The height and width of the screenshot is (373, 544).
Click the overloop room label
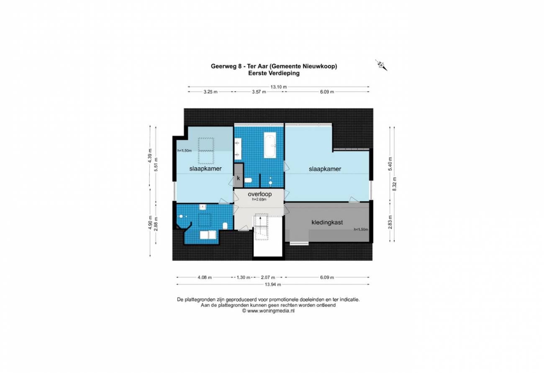[259, 194]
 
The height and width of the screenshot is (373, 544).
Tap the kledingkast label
[327, 222]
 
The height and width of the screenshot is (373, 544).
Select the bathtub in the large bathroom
[270, 145]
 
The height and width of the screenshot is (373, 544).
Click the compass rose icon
[381, 65]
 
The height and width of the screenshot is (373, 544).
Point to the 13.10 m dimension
[279, 87]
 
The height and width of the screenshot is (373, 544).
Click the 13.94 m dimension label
[273, 285]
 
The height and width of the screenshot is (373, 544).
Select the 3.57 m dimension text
[259, 92]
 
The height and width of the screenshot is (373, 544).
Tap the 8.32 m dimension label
[394, 184]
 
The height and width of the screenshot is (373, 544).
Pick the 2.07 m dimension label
[268, 277]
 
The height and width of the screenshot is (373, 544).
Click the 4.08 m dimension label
[205, 277]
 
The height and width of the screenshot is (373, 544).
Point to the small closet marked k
[239, 175]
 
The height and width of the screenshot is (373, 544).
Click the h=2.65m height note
[259, 199]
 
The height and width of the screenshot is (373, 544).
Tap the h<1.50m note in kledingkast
[361, 229]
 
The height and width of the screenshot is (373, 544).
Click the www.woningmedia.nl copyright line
[268, 311]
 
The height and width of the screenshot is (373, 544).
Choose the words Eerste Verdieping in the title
[274, 73]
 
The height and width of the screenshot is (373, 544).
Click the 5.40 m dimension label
[390, 164]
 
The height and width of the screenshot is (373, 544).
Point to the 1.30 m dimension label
[244, 277]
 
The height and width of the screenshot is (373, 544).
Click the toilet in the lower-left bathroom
[225, 226]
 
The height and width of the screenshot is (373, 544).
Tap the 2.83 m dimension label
[390, 222]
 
